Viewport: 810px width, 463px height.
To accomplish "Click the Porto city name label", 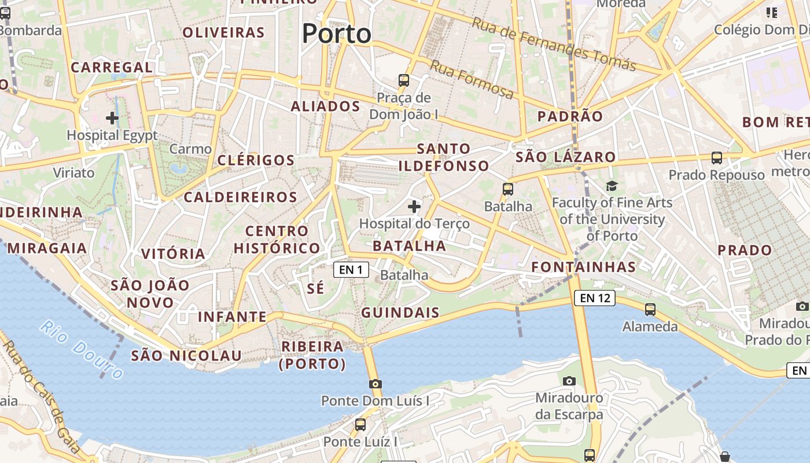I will pos(336,34).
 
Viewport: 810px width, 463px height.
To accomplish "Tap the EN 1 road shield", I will pos(351,270).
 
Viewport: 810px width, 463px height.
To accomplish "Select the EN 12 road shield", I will pos(594,298).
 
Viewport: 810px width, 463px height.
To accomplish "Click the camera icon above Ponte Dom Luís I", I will pos(375,383).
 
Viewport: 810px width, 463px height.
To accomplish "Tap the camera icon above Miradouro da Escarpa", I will pos(569,381).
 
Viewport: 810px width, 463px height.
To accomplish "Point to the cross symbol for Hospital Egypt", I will pos(112,118).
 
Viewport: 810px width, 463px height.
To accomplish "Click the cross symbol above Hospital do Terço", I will pos(414,206).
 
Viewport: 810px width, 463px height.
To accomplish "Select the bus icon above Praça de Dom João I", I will pos(404,80).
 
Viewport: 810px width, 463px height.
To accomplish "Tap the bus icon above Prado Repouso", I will pos(716,157).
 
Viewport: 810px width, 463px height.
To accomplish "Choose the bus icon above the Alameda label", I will pos(650,310).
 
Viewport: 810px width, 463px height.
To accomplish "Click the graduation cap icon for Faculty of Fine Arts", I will pos(612,186).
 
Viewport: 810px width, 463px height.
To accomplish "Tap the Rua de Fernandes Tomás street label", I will pos(554,45).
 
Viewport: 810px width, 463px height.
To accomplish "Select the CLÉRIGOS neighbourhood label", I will pos(256,160).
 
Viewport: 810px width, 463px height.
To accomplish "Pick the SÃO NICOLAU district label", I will pos(186,355).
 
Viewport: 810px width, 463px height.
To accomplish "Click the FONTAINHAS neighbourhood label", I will pos(583,267).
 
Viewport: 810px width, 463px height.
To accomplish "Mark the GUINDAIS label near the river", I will pos(400,313).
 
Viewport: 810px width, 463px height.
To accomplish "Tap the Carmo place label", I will pos(190,149).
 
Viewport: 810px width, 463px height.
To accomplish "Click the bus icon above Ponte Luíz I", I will pos(360,425).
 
